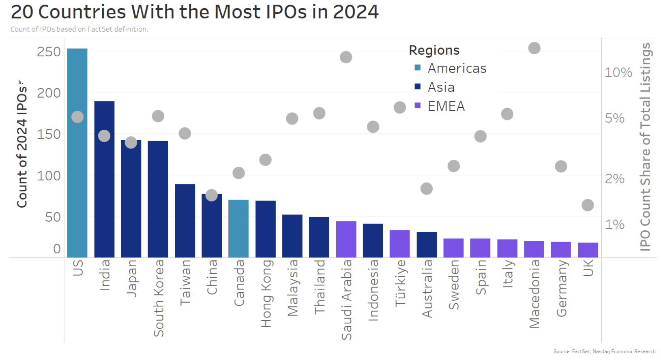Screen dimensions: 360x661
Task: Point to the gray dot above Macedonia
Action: coord(534,48)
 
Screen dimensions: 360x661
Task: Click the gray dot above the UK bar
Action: coord(588,205)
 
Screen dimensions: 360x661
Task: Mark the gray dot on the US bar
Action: coord(77,117)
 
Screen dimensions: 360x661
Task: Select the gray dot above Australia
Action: coord(427,189)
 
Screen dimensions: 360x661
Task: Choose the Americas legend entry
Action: coord(457,68)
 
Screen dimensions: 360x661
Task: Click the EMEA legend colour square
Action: coord(418,106)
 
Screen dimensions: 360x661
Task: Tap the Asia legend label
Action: coord(441,87)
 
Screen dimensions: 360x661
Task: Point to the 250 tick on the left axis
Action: coord(49,52)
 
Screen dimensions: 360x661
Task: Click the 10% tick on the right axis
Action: coord(618,73)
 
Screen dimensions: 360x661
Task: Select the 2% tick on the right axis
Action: coord(614,179)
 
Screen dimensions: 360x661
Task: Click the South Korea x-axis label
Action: coord(159,298)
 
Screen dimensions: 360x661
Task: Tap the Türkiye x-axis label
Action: coord(400,283)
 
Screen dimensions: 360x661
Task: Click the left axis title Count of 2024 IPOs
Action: coord(22,144)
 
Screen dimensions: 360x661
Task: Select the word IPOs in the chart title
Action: coord(286,12)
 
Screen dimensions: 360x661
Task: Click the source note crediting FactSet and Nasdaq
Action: coord(604,351)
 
